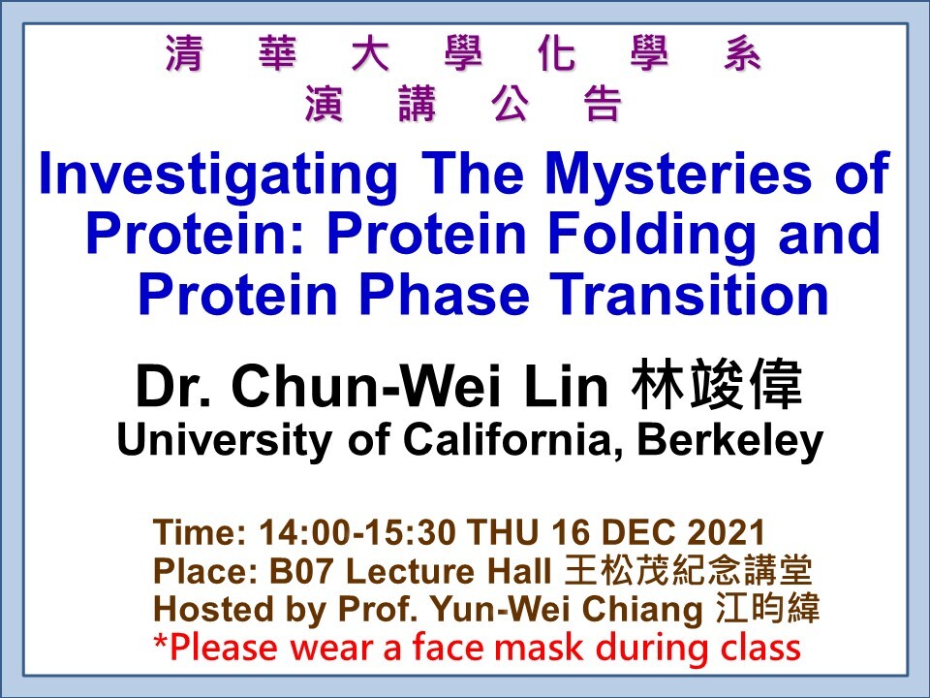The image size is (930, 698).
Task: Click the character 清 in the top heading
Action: pyautogui.click(x=184, y=56)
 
